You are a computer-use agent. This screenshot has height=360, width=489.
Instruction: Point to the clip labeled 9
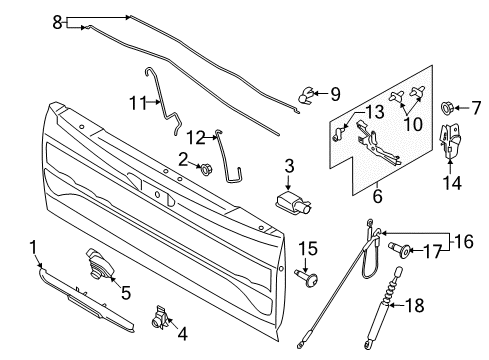300,98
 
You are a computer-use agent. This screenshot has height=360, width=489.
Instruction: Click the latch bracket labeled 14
451,146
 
